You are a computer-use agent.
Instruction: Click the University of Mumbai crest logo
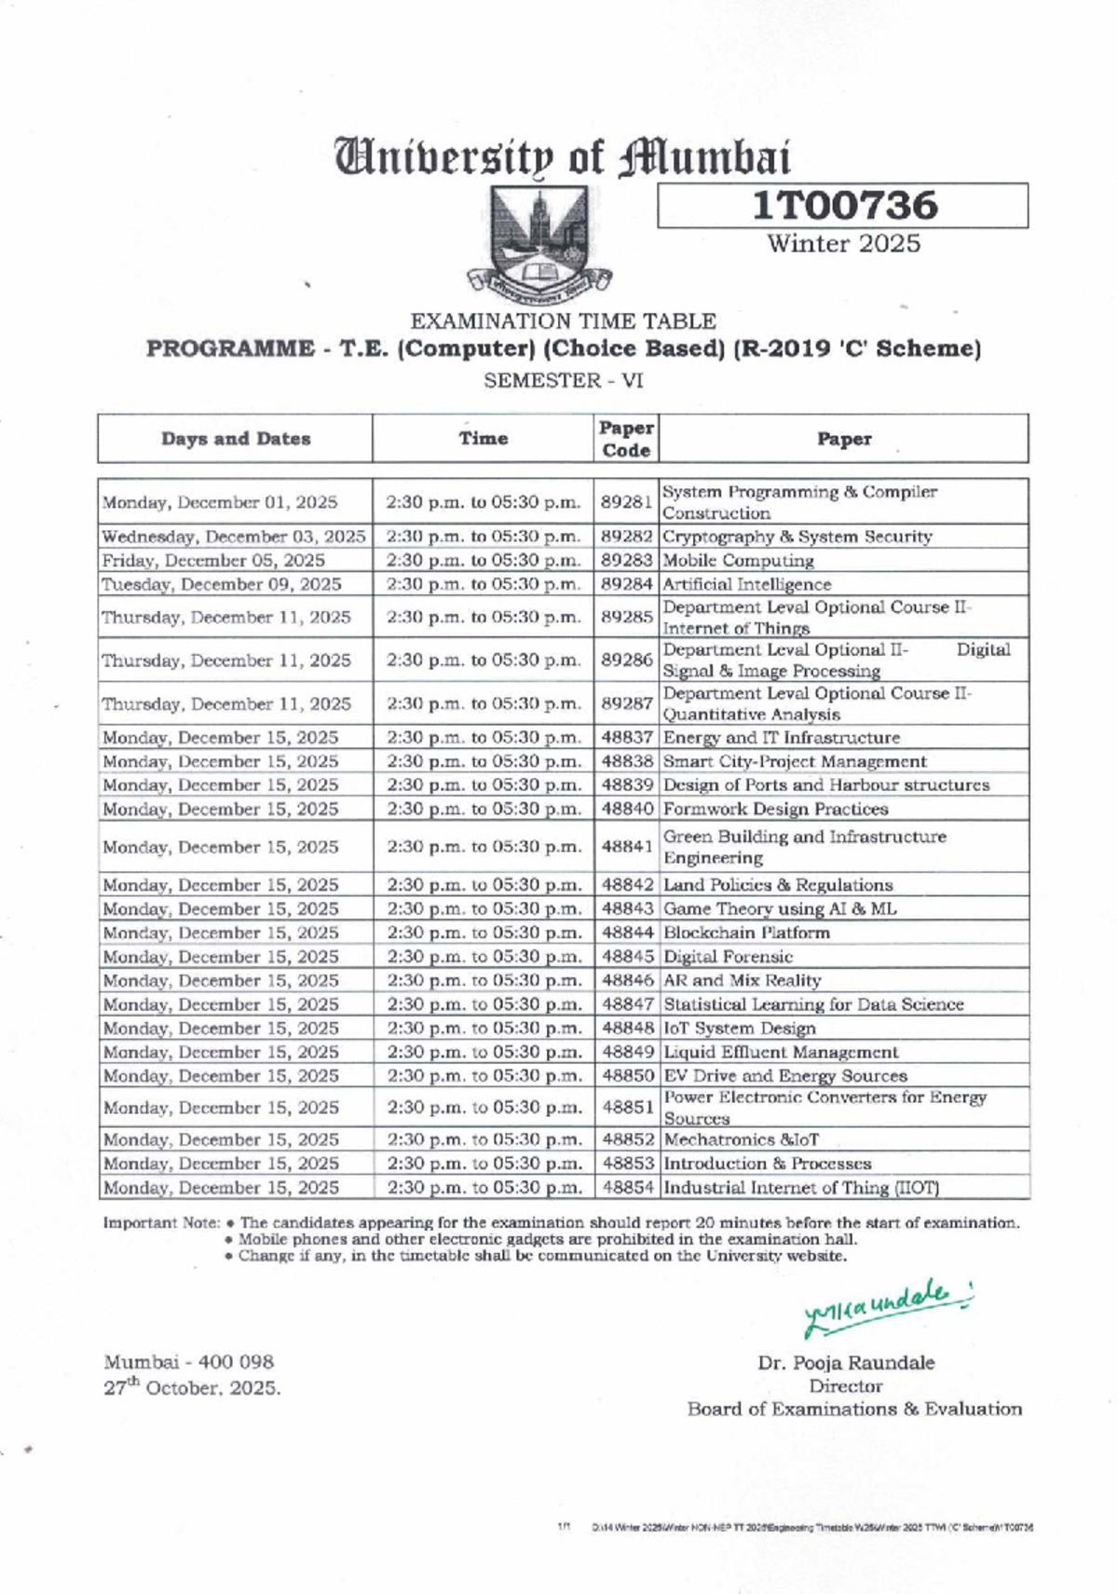coord(539,241)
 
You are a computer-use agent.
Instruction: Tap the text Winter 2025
coord(843,244)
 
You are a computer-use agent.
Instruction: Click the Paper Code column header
coord(626,439)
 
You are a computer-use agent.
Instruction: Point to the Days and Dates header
coord(236,439)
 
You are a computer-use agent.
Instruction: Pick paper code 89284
coord(626,584)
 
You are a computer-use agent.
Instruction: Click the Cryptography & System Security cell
coord(797,537)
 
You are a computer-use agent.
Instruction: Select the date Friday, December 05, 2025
coord(213,561)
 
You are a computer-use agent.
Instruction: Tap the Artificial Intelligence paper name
coord(746,584)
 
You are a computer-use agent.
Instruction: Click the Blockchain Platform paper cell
coord(746,933)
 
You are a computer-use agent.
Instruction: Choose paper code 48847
coord(627,1004)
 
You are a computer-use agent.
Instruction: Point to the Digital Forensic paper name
coord(728,957)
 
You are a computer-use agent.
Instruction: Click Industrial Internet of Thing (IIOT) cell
coord(800,1188)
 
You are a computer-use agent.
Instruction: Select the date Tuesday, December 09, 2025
coord(222,584)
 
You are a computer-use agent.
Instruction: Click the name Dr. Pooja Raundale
coord(846,1363)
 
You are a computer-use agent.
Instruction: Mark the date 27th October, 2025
coord(192,1387)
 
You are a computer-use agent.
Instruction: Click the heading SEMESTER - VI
coord(563,380)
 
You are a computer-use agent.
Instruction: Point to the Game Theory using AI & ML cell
coord(780,909)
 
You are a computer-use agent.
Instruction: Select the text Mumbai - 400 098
coord(189,1362)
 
